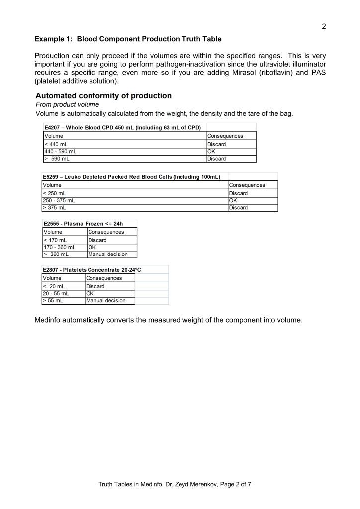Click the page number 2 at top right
[324, 26]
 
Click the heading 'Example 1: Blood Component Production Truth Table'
[128, 39]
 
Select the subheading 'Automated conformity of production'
[103, 95]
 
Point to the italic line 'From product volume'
[67, 104]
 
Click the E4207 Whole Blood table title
[122, 127]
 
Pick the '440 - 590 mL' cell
[60, 151]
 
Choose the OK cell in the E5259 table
[233, 201]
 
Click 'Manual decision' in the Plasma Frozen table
[107, 254]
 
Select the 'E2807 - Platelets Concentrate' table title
[92, 270]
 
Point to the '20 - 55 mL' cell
[56, 293]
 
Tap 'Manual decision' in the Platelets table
[105, 300]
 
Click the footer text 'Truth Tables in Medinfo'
[134, 484]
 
